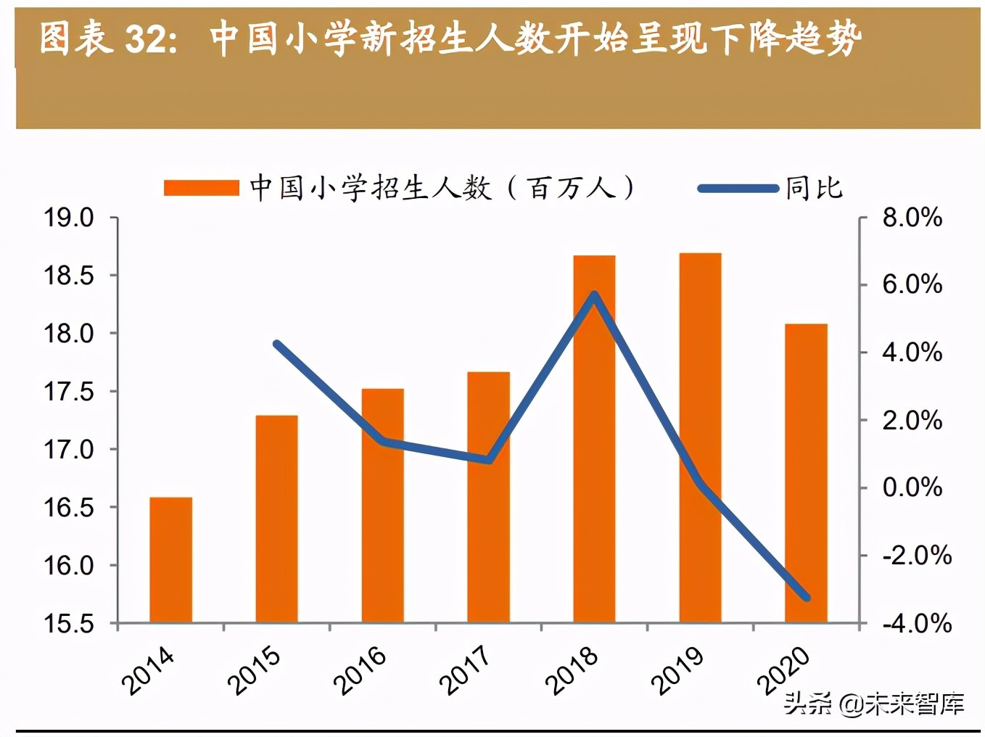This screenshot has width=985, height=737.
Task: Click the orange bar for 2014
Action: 171,560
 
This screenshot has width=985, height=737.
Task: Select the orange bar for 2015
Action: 276,519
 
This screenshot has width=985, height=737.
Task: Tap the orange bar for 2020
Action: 806,473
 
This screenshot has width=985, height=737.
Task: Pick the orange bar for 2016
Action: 382,506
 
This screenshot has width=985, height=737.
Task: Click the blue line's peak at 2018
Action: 594,295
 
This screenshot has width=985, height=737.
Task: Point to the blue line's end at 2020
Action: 806,598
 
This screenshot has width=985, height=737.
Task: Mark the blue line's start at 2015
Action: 276,344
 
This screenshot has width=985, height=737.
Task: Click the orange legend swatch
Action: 201,189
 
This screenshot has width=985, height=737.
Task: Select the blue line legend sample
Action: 738,189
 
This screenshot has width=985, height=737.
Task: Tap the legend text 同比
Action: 814,189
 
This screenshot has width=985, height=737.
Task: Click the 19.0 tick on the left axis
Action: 69,218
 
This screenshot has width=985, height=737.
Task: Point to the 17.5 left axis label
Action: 69,392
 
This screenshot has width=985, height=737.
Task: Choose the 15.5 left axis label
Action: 69,624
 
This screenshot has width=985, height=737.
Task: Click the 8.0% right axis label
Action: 912,218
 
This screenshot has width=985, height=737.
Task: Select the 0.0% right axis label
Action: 912,487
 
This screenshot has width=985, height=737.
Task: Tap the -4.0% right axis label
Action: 916,623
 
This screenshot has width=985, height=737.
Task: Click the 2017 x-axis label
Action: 464,669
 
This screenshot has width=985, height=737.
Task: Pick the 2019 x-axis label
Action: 676,669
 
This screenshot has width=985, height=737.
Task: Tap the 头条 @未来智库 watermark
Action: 873,703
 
